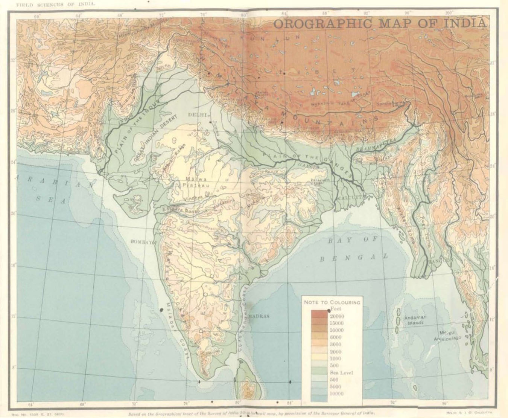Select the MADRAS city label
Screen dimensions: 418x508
259,316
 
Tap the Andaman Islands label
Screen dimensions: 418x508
415,320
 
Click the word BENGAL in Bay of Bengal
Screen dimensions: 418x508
354,258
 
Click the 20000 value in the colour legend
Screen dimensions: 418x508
337,316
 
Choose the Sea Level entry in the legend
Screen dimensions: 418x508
341,373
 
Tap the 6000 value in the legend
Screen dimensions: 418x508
336,337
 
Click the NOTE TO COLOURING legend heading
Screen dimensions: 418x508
332,302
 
